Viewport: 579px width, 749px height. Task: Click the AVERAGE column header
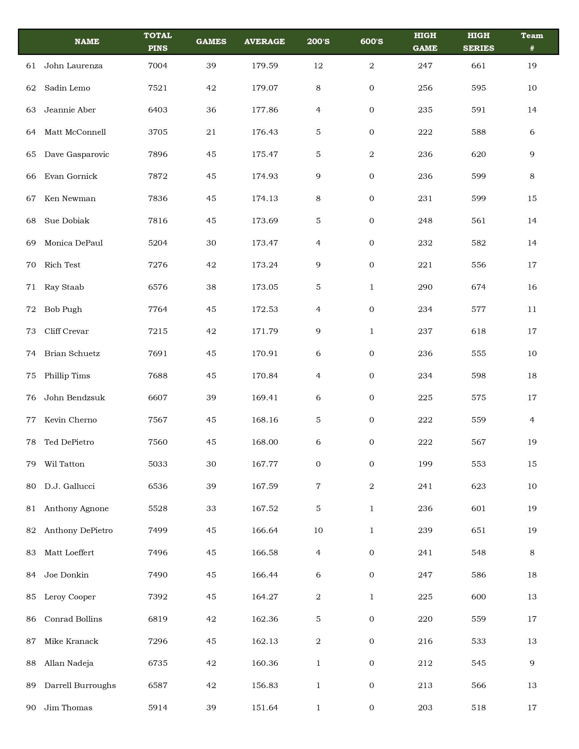pyautogui.click(x=264, y=42)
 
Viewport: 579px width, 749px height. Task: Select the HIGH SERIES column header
pyautogui.click(x=478, y=42)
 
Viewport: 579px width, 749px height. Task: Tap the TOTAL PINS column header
pyautogui.click(x=158, y=42)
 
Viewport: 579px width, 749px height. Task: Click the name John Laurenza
pyautogui.click(x=73, y=66)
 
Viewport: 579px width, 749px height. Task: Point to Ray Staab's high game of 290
pyautogui.click(x=425, y=287)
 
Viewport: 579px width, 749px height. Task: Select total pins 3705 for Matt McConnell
pyautogui.click(x=158, y=132)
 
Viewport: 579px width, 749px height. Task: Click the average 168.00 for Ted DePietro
pyautogui.click(x=264, y=442)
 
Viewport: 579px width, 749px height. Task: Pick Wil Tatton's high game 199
pyautogui.click(x=425, y=464)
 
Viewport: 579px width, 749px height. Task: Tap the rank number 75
pyautogui.click(x=31, y=376)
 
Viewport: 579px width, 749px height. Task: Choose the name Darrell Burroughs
pyautogui.click(x=80, y=685)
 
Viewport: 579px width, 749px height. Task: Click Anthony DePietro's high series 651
pyautogui.click(x=478, y=530)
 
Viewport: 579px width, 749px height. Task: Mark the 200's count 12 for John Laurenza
pyautogui.click(x=318, y=66)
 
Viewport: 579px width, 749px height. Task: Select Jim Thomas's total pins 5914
pyautogui.click(x=158, y=708)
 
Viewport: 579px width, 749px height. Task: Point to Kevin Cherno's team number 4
pyautogui.click(x=532, y=420)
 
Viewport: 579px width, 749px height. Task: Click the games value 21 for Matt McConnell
pyautogui.click(x=211, y=132)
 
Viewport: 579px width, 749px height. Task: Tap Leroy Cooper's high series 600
pyautogui.click(x=478, y=597)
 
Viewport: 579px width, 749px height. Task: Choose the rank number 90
pyautogui.click(x=31, y=708)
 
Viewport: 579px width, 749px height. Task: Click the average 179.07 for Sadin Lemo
pyautogui.click(x=264, y=88)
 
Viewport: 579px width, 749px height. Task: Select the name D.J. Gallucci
pyautogui.click(x=70, y=486)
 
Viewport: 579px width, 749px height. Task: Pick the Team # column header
pyautogui.click(x=532, y=42)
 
